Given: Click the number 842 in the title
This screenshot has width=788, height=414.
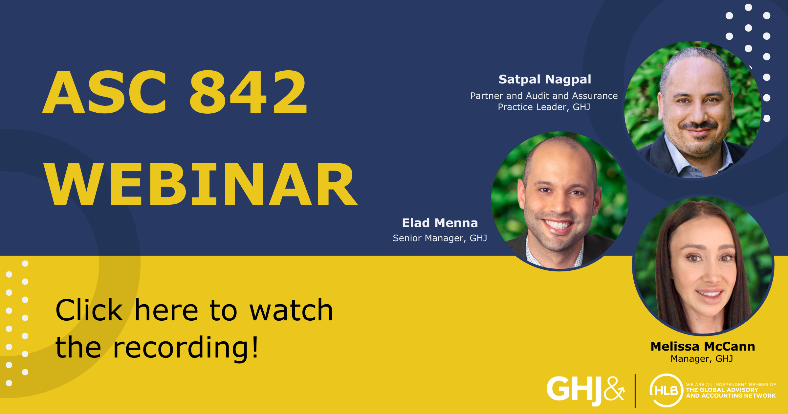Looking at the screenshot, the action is (248, 92).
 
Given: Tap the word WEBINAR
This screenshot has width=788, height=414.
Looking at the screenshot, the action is (201, 184).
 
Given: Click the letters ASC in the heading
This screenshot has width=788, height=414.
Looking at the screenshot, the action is (105, 92).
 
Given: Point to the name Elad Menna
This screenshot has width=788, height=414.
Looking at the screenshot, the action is (440, 223).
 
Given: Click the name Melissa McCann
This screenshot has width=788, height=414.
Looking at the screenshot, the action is (703, 347).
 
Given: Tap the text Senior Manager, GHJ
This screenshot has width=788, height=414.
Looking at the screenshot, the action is (440, 238).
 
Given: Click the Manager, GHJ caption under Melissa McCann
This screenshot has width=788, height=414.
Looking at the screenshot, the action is (702, 359).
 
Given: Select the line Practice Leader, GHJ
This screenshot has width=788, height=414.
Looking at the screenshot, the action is (544, 107).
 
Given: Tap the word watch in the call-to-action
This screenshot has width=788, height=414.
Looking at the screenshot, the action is (291, 310).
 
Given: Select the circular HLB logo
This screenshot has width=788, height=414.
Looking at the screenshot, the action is (666, 390).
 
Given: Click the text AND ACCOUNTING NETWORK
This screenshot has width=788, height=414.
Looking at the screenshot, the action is (731, 396).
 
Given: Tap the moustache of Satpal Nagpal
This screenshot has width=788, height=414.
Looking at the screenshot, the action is (698, 126).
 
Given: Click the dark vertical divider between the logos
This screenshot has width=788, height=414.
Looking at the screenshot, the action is (635, 391).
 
